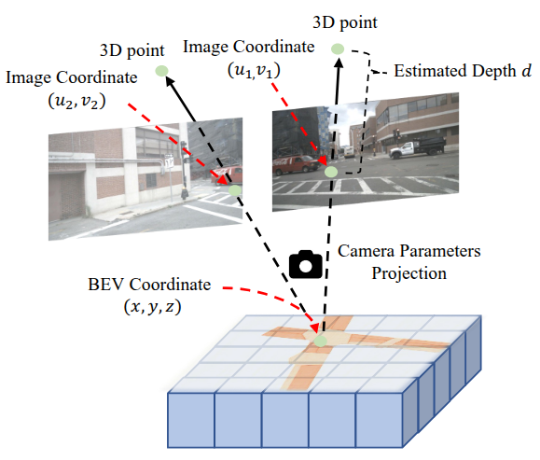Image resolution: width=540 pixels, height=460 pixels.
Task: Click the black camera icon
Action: click(x=306, y=264)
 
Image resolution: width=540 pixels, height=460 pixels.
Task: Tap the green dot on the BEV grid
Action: click(x=321, y=342)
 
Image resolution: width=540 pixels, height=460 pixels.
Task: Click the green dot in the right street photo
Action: click(x=331, y=172)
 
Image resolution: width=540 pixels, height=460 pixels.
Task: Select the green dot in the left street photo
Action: click(x=235, y=189)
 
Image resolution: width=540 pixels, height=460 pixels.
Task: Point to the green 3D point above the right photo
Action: click(x=338, y=49)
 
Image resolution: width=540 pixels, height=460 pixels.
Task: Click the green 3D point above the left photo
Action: click(x=161, y=71)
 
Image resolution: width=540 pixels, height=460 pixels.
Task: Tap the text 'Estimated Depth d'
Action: click(x=463, y=71)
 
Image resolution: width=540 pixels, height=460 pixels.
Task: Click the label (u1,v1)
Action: click(x=254, y=71)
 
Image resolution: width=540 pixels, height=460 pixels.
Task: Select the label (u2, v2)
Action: click(x=76, y=102)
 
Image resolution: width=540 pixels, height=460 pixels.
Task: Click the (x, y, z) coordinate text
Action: click(x=152, y=307)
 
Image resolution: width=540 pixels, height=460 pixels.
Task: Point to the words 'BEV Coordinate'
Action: click(x=149, y=285)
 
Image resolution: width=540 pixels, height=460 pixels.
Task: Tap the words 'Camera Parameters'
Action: click(x=408, y=251)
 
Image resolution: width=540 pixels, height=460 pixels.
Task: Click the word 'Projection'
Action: click(x=408, y=273)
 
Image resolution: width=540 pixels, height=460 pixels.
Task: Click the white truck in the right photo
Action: click(x=418, y=147)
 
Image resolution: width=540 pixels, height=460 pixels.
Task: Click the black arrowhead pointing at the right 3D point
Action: click(x=339, y=63)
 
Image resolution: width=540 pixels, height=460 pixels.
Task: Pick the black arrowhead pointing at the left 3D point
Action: click(x=171, y=81)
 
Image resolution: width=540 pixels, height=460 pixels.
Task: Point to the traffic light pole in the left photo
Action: click(x=185, y=170)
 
